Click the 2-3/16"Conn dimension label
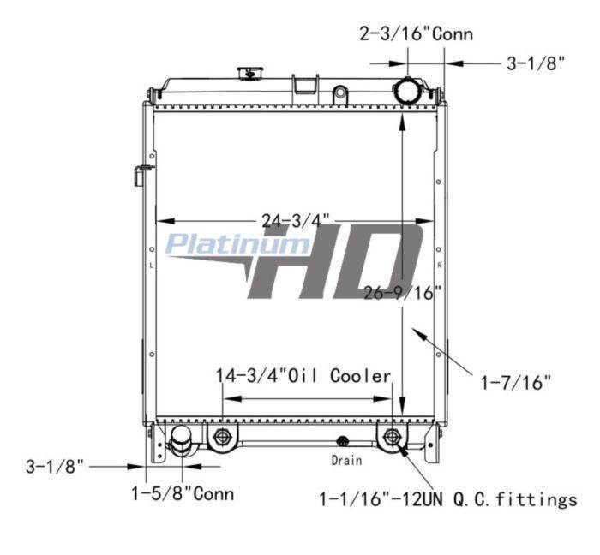pos(417,34)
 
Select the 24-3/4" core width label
pos(296,221)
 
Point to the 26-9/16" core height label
pos(403,293)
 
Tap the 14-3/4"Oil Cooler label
pos(303,376)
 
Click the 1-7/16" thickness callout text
pos(515,382)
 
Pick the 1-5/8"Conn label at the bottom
pos(183,493)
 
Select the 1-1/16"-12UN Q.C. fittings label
pos(448,499)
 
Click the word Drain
pos(346,460)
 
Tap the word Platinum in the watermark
pos(238,244)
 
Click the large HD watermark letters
pos(335,261)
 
